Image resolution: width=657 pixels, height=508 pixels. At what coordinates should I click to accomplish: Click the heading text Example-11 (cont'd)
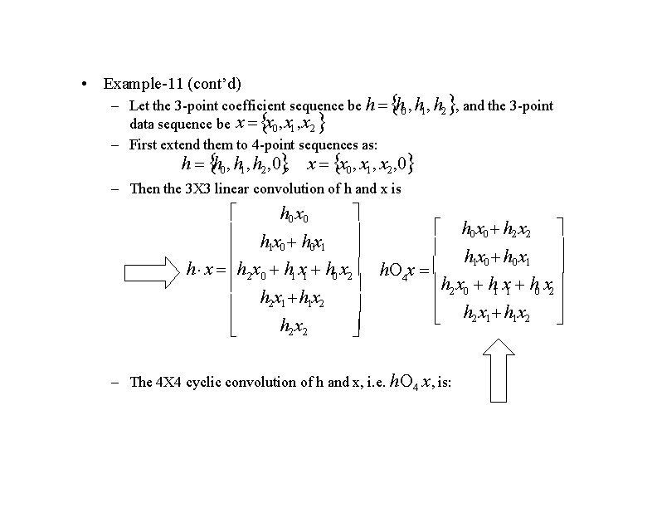(172, 84)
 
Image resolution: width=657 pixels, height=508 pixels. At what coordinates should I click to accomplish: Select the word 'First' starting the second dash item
(144, 144)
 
